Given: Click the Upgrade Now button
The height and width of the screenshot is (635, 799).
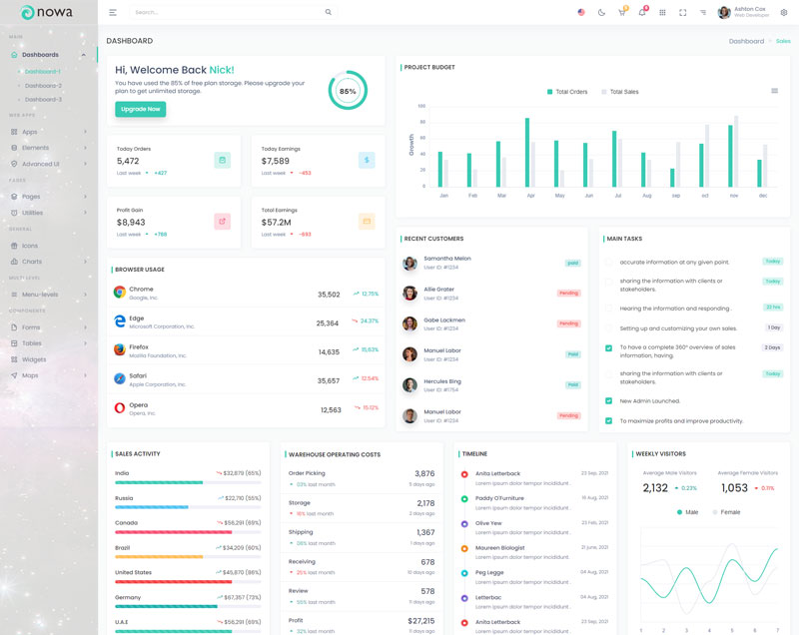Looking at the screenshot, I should pyautogui.click(x=140, y=109).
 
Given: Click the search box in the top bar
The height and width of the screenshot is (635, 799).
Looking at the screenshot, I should pyautogui.click(x=230, y=13).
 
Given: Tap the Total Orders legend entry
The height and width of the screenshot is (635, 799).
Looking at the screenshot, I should pyautogui.click(x=567, y=91).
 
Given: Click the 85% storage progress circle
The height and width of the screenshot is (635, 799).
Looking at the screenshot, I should pyautogui.click(x=348, y=91).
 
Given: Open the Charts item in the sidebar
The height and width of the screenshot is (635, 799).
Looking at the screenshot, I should pyautogui.click(x=32, y=262).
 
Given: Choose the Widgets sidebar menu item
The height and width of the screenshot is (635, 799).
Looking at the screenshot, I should pyautogui.click(x=34, y=359).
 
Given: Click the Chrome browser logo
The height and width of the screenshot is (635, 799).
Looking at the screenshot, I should pyautogui.click(x=119, y=293).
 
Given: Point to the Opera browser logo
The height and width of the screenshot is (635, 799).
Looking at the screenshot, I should pyautogui.click(x=119, y=408).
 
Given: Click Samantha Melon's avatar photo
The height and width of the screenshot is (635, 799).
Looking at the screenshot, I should pyautogui.click(x=409, y=263).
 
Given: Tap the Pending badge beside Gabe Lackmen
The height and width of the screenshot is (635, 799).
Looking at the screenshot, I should pyautogui.click(x=568, y=323).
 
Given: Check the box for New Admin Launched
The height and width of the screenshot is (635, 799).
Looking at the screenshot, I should pyautogui.click(x=608, y=401).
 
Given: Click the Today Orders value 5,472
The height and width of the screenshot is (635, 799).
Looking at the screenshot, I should pyautogui.click(x=128, y=161).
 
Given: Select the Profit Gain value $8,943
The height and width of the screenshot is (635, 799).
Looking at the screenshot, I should pyautogui.click(x=131, y=223).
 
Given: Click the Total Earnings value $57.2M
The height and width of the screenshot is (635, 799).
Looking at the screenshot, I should pyautogui.click(x=277, y=223).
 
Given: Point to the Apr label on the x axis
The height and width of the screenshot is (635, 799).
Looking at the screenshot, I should pyautogui.click(x=530, y=196).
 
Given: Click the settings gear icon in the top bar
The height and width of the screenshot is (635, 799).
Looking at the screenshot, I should pyautogui.click(x=783, y=13).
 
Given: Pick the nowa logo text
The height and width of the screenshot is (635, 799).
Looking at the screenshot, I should pyautogui.click(x=56, y=12).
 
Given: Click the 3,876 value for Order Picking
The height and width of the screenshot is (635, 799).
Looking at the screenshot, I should pyautogui.click(x=424, y=474).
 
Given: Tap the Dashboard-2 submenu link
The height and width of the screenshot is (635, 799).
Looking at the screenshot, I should pyautogui.click(x=43, y=86).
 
